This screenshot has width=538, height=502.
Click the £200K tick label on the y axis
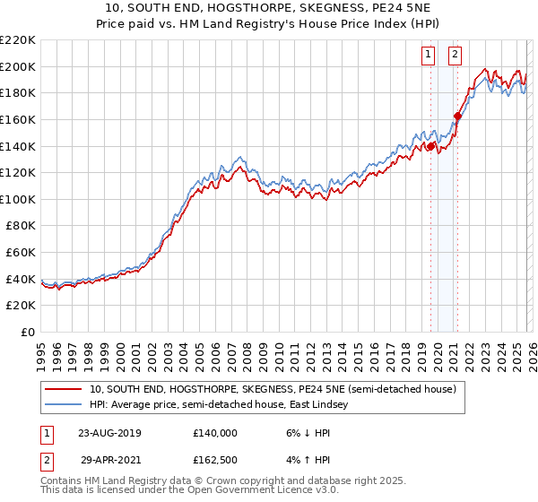[19, 66]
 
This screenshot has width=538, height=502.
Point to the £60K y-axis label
[22, 253]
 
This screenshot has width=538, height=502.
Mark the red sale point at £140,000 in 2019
[430, 145]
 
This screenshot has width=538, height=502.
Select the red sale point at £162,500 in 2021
[457, 116]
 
